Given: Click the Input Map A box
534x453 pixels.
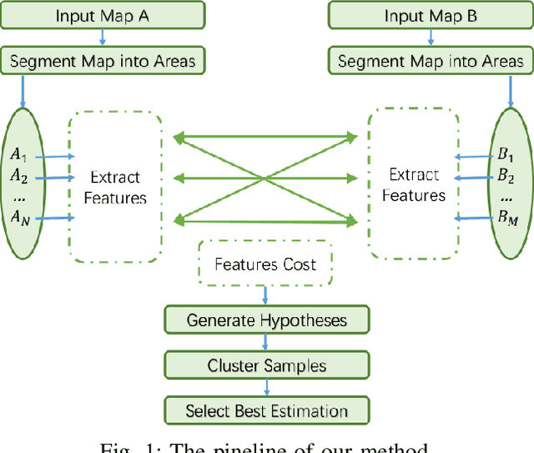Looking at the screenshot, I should [102, 16].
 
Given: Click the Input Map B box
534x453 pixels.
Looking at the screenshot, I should [431, 16].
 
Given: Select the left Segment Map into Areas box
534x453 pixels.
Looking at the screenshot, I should [102, 61].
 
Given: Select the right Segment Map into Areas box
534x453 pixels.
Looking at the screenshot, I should [431, 61].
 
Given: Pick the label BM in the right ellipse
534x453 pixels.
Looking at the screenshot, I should [507, 217].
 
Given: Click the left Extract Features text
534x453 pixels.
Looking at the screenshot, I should [115, 187].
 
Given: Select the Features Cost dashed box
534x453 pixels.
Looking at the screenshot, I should [265, 264].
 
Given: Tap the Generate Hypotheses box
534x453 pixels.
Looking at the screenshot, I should [266, 320].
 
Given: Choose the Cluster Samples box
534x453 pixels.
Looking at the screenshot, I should [266, 365].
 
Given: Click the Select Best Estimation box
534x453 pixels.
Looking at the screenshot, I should [266, 410].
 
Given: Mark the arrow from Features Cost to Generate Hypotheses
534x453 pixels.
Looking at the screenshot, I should [266, 295].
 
